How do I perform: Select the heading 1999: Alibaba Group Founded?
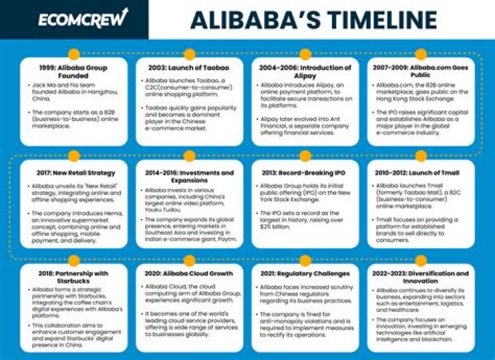(x=74, y=71)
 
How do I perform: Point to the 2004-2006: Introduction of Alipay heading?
(x=305, y=71)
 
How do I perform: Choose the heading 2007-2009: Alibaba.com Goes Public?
(x=420, y=71)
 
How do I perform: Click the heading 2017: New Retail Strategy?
(x=74, y=172)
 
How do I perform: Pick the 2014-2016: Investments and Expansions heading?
(x=189, y=177)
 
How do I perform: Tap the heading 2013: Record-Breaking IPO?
(x=305, y=172)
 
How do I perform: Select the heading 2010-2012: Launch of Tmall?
(x=420, y=172)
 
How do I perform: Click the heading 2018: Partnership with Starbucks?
(x=74, y=277)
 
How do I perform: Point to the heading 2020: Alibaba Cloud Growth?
(x=189, y=273)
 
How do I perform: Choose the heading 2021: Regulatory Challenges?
(x=305, y=273)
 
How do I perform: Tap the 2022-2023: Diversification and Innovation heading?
(x=420, y=277)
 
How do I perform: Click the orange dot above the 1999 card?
(x=74, y=53)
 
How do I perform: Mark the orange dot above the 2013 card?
(x=305, y=156)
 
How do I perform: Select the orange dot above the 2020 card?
(x=189, y=258)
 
